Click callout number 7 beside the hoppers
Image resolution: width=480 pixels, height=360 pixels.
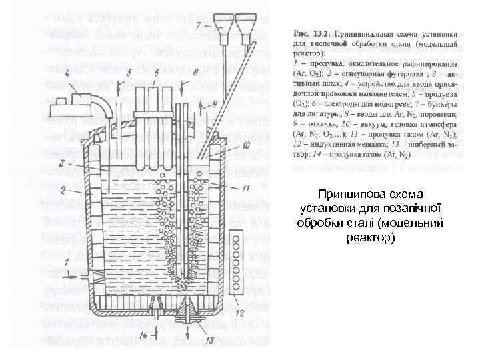click(199, 25)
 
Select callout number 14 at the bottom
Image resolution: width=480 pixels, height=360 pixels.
click(145, 335)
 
